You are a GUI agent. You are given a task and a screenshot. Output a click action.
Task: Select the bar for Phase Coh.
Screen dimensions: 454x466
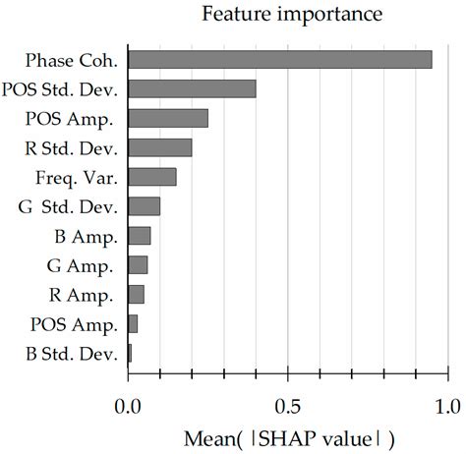click(x=280, y=60)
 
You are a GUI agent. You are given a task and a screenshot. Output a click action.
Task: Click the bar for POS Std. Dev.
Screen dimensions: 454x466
click(x=193, y=89)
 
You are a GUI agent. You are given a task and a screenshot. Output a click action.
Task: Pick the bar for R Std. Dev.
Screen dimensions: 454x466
click(x=160, y=148)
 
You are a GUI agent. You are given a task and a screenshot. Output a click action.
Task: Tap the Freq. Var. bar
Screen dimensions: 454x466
click(x=152, y=177)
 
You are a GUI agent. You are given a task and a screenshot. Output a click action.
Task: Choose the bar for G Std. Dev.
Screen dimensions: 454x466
click(x=145, y=206)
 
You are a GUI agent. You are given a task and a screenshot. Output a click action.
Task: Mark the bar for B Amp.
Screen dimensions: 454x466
click(x=140, y=236)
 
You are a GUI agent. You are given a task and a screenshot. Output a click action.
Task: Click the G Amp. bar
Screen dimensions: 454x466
click(x=139, y=264)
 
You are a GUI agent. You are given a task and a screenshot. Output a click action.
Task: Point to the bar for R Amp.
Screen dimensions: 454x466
click(x=137, y=294)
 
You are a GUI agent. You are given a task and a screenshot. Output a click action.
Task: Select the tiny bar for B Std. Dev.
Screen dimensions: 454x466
click(x=130, y=353)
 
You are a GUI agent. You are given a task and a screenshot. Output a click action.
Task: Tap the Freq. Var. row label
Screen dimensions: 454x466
click(x=82, y=178)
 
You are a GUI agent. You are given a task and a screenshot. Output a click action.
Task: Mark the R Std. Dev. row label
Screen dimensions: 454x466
click(x=74, y=149)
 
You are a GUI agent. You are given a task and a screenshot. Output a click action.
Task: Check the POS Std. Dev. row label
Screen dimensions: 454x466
click(x=66, y=90)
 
